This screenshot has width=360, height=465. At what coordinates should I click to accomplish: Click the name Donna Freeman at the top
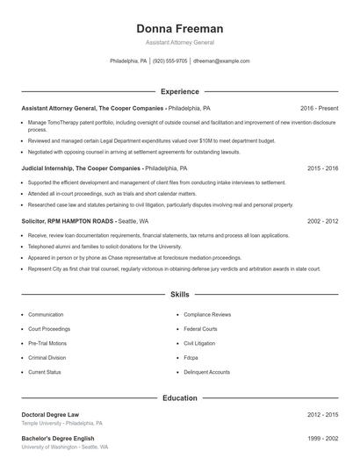179,28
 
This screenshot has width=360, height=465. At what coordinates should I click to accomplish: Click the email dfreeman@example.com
221,61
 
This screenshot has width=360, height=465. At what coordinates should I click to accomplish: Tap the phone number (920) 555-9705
170,61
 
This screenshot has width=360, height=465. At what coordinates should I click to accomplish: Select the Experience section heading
179,91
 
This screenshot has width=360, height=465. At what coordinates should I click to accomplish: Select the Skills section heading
179,296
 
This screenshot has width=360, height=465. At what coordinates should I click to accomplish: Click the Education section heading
179,397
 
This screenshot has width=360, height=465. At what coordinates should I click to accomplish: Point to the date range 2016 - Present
319,108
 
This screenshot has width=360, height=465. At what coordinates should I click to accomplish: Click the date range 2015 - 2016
322,168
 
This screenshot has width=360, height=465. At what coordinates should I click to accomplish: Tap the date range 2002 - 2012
322,222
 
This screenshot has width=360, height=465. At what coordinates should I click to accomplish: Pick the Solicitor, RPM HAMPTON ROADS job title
68,222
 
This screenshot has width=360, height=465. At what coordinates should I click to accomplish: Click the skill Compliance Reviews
207,314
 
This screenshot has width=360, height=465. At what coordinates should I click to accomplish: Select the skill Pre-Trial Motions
47,343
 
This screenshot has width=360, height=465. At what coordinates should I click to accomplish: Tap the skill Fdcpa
191,358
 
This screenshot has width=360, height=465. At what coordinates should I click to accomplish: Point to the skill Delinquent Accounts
206,372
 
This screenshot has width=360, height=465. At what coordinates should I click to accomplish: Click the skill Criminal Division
47,358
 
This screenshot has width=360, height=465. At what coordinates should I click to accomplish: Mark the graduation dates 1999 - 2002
322,438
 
